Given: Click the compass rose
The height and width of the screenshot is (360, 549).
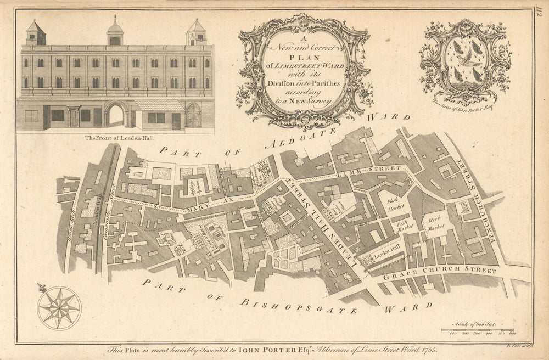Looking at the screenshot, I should tap(59, 308).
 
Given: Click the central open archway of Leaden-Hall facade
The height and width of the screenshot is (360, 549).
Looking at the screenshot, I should tap(116, 115).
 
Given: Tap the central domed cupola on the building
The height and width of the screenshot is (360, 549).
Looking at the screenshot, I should tap(115, 31).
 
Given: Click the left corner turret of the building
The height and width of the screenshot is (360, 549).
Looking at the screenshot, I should tap(36, 33).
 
